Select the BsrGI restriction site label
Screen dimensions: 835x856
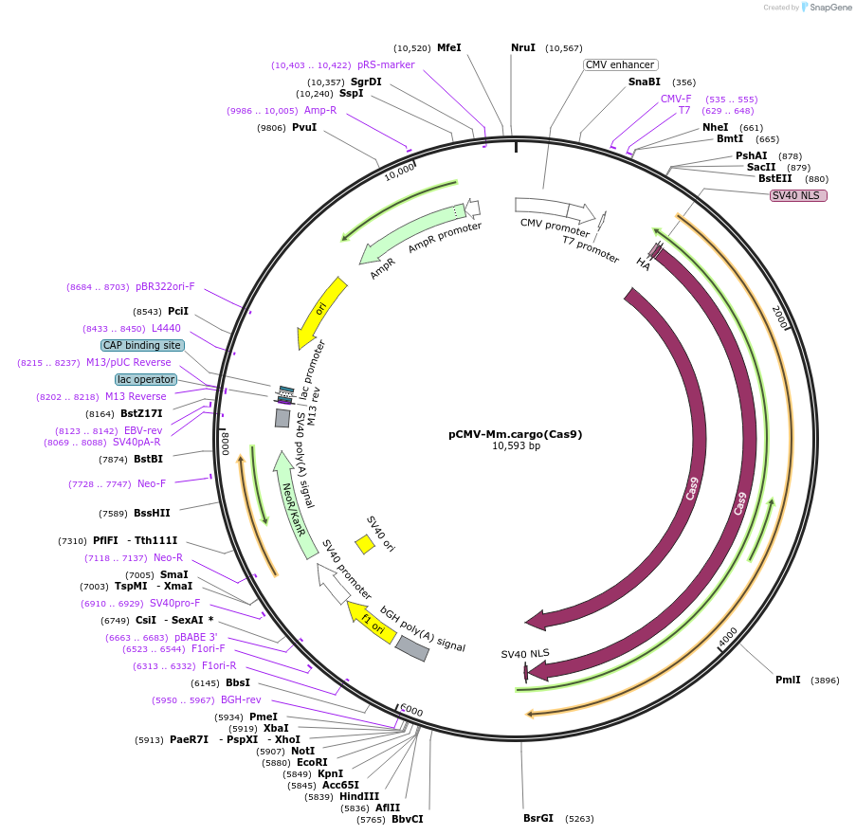point(537,818)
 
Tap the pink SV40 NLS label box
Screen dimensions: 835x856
point(798,195)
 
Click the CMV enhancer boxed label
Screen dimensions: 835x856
point(620,64)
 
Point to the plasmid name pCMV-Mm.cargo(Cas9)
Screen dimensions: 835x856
point(515,434)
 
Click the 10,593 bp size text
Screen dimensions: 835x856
point(516,445)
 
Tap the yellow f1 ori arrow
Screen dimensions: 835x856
point(371,621)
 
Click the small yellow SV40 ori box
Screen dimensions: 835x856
point(364,544)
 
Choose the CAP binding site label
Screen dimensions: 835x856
point(143,345)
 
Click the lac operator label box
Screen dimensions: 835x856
point(146,379)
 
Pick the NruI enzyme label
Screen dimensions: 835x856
point(523,47)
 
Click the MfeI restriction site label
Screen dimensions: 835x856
point(448,47)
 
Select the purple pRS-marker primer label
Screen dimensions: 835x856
point(386,64)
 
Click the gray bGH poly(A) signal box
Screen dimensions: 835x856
point(411,648)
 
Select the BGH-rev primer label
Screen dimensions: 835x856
point(241,700)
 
